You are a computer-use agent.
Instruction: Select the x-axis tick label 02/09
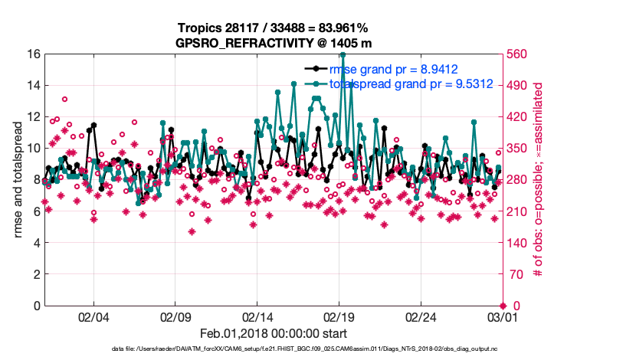[x=175, y=316]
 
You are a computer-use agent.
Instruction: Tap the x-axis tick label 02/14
[x=257, y=316]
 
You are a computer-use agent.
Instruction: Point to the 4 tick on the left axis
[x=37, y=243]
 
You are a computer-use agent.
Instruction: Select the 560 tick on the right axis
[x=515, y=54]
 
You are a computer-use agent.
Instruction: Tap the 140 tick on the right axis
[x=515, y=243]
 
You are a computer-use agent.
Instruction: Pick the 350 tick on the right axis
[x=515, y=149]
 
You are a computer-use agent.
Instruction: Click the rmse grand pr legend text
[x=393, y=70]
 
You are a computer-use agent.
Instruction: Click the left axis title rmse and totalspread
[x=18, y=179]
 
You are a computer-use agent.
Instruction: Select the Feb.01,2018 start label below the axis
[x=274, y=333]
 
